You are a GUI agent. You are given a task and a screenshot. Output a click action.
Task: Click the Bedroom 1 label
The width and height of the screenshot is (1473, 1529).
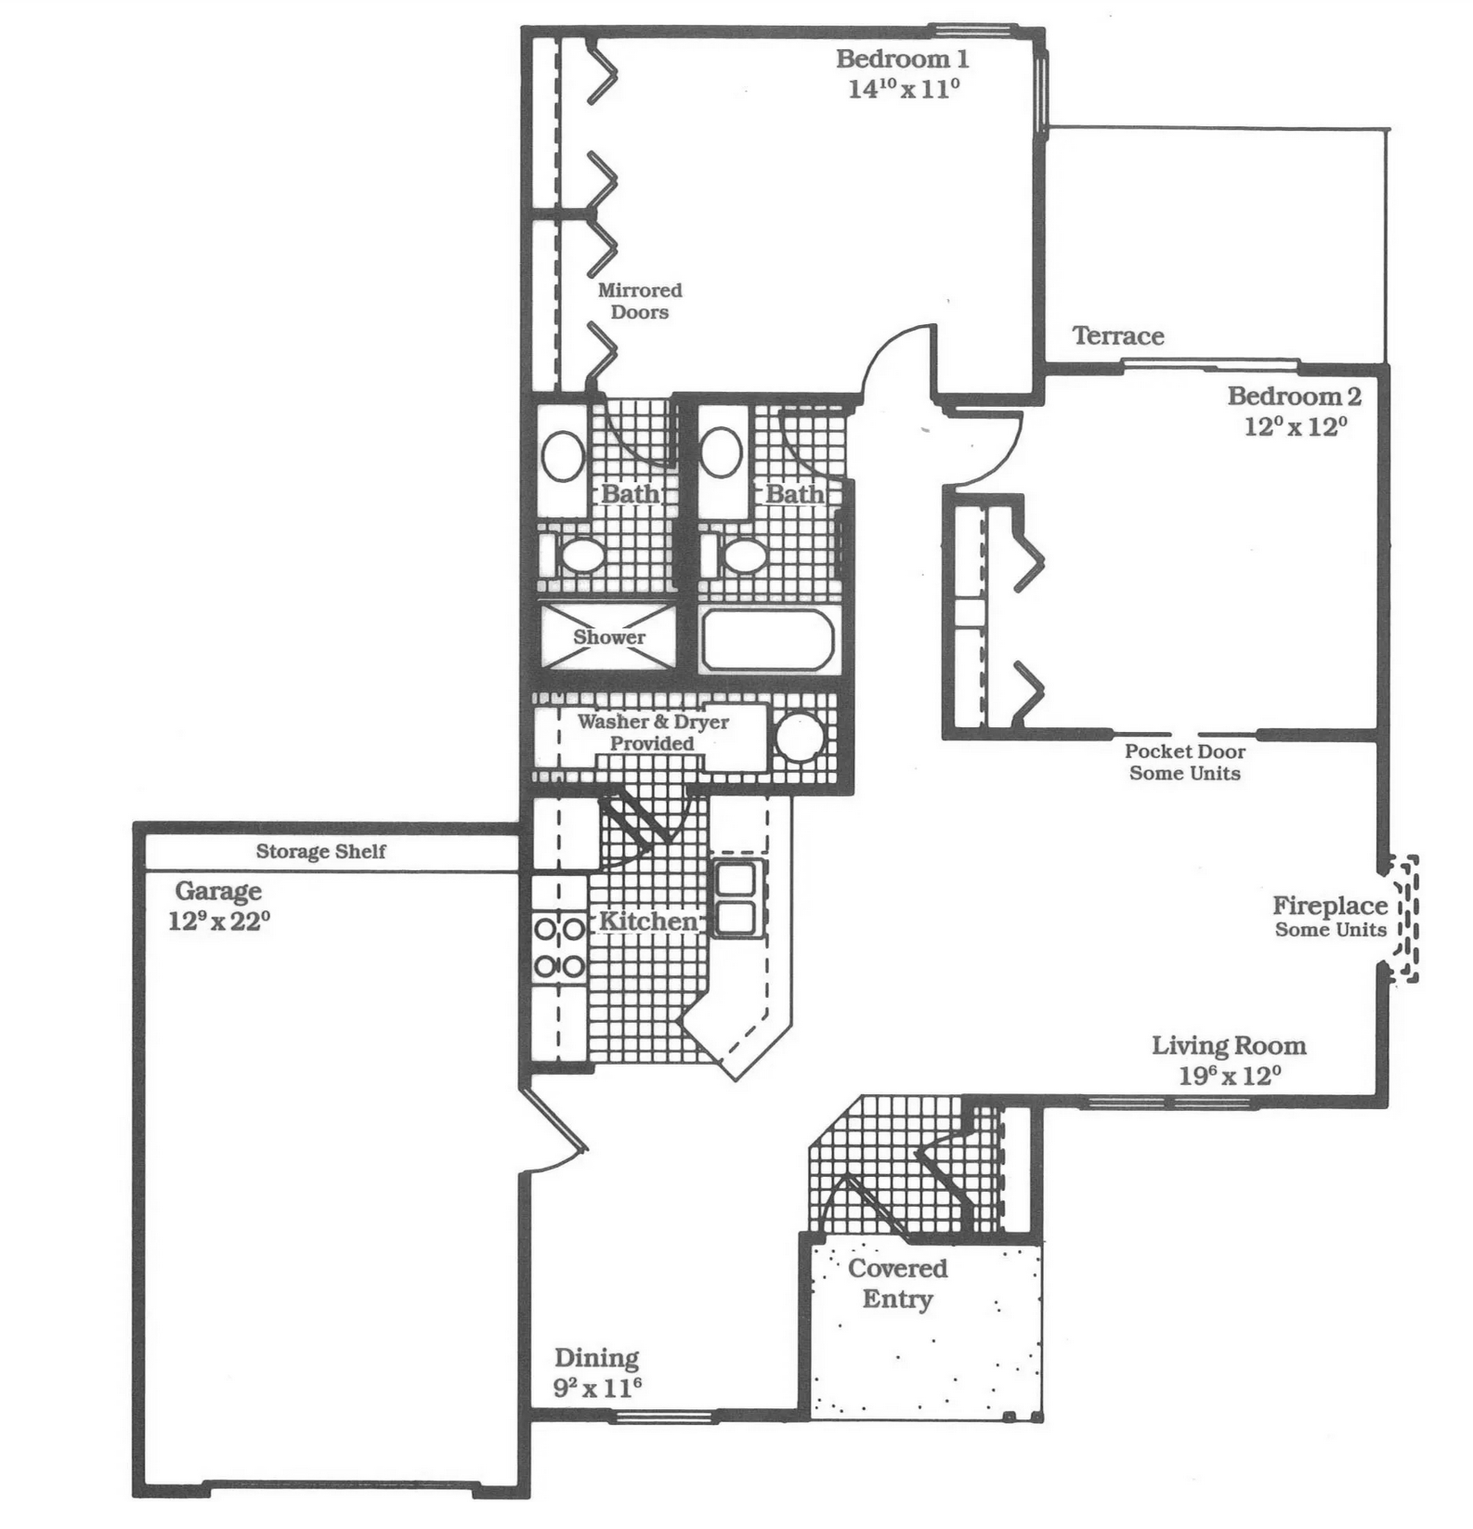(902, 59)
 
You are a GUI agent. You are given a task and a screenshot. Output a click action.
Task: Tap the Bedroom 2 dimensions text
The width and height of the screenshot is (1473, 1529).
(1295, 426)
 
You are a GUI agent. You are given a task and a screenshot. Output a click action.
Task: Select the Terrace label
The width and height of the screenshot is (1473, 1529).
(1118, 335)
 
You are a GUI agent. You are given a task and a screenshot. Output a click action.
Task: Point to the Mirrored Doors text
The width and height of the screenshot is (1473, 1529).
(640, 301)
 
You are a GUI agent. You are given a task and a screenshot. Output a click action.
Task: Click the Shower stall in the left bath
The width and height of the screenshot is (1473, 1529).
(608, 636)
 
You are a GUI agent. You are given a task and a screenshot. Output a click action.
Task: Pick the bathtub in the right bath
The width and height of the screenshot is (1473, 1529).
(767, 638)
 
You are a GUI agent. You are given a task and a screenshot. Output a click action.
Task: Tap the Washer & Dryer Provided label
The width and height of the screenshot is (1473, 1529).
(652, 732)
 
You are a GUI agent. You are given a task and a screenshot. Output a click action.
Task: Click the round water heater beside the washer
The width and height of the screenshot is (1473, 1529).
(800, 738)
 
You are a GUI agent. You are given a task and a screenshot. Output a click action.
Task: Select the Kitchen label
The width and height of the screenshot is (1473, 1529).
(647, 921)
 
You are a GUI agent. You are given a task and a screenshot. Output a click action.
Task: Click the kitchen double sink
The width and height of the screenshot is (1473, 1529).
(736, 897)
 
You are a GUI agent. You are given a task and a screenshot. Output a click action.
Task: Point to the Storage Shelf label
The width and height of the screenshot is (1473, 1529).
(320, 851)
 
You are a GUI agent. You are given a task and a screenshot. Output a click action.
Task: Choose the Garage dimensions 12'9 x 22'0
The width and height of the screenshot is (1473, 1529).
(218, 921)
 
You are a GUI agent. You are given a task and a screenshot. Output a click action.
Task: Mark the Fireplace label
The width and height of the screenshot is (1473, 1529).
(1330, 905)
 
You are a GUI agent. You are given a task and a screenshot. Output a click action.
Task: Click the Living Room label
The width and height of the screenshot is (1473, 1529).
(1229, 1045)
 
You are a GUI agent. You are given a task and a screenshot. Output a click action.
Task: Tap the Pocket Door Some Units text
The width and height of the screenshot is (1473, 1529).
(1185, 762)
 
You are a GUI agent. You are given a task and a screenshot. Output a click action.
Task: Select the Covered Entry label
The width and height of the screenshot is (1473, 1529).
(898, 1283)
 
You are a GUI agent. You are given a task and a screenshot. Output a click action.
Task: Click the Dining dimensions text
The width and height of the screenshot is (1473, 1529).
(597, 1388)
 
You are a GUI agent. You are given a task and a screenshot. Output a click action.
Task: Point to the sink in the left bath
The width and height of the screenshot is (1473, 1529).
(563, 456)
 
